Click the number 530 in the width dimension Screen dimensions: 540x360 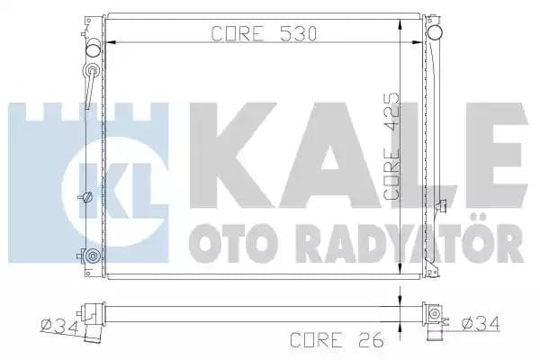pyautogui.click(x=298, y=34)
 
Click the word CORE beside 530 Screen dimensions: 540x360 pyautogui.click(x=238, y=34)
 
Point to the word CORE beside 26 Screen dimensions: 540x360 pyautogui.click(x=317, y=340)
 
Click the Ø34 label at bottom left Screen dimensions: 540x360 pyautogui.click(x=59, y=327)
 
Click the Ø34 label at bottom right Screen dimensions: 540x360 pyautogui.click(x=480, y=324)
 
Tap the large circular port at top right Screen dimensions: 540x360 pyautogui.click(x=435, y=32)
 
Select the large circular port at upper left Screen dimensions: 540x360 pyautogui.click(x=93, y=49)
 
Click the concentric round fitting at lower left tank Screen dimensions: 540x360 pyautogui.click(x=93, y=256)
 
